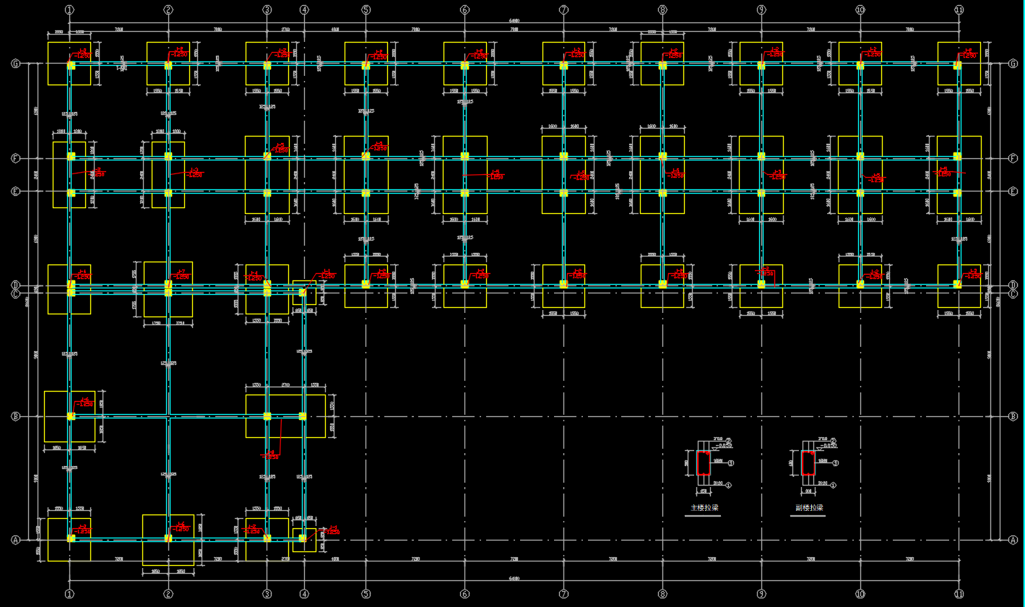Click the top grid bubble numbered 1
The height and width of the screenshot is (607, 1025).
point(69,10)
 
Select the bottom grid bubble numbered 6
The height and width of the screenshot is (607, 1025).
point(464,594)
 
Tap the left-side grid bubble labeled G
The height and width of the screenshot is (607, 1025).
point(15,64)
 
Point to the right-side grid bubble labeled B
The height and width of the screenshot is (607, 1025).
point(1013,416)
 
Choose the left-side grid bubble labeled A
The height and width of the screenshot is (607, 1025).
point(15,540)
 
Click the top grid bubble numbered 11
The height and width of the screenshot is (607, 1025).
point(959,10)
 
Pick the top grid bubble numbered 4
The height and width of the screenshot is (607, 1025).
point(304,10)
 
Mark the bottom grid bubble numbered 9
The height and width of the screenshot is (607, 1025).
point(761,594)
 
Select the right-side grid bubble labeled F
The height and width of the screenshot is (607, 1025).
point(1013,158)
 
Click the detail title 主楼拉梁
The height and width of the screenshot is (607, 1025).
point(704,508)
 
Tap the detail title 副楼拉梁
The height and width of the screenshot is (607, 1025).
point(809,508)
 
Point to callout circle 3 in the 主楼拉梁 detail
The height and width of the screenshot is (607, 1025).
point(731,462)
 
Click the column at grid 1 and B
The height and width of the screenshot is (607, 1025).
point(71,416)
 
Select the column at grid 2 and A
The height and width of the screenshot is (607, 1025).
point(168,538)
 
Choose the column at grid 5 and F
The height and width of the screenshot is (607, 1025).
point(366,156)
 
